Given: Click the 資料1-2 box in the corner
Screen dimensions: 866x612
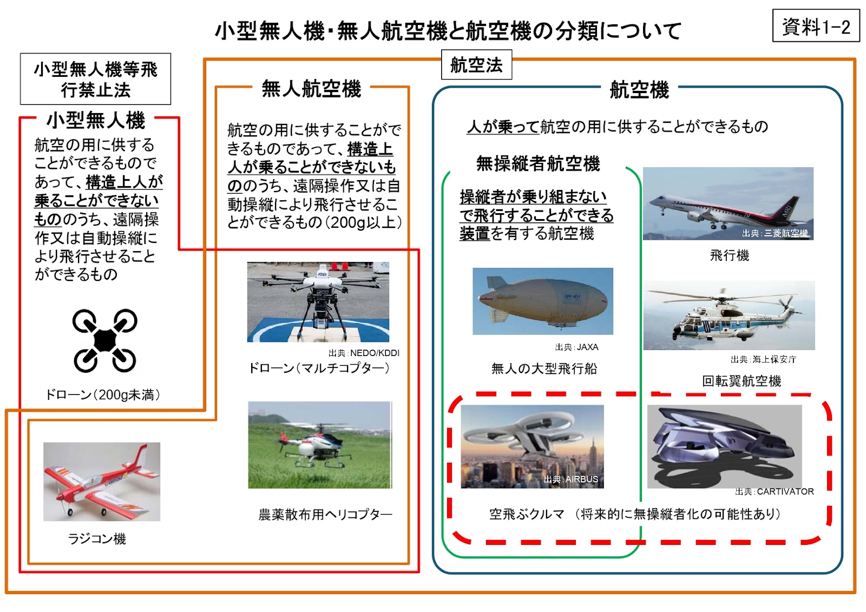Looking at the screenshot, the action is click(816, 26).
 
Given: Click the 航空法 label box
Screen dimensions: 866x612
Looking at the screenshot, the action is click(476, 64).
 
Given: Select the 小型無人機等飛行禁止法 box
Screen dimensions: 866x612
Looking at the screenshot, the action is click(95, 79).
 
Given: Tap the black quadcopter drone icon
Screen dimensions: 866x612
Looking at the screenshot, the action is click(104, 340).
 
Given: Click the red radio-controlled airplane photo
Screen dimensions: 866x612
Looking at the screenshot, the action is click(102, 482).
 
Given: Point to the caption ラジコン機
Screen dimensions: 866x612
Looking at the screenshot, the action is click(97, 538).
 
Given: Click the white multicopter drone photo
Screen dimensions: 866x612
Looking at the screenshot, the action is click(318, 302).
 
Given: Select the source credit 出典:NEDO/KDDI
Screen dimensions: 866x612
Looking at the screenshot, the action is click(364, 353).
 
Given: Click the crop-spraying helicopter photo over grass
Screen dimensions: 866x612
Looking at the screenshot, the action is click(320, 445).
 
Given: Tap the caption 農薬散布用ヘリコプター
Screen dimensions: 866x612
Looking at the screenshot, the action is click(325, 515).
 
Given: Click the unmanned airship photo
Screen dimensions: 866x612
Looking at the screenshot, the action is click(543, 301).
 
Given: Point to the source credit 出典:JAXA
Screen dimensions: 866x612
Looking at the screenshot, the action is click(576, 347).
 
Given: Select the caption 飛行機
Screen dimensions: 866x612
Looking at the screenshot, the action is click(729, 255).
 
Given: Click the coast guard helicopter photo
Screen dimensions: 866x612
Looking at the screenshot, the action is click(729, 315).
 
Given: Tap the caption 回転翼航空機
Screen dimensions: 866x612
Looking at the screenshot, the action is click(742, 381).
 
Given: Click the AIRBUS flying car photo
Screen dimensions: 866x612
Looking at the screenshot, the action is click(532, 446).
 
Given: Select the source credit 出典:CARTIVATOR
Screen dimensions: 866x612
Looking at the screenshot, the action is click(775, 492).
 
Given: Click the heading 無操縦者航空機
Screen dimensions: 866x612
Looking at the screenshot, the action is click(538, 163).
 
